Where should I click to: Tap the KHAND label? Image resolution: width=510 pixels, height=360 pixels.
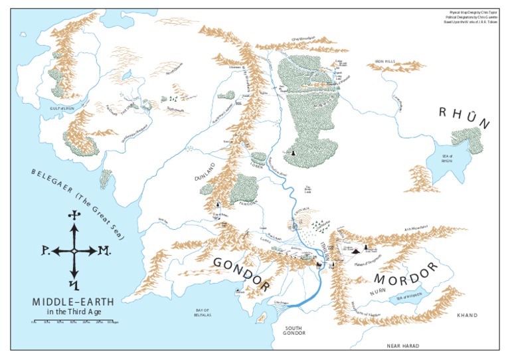click(x=467, y=315)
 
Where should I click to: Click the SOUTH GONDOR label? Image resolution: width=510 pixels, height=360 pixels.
click(x=296, y=331)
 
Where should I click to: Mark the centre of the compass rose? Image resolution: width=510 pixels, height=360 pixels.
click(x=74, y=251)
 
